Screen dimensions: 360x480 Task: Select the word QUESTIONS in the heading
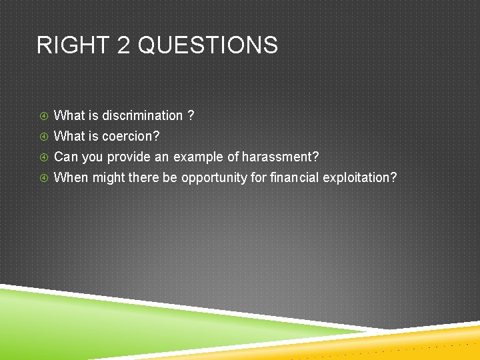208,45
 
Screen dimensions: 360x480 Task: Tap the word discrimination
142,115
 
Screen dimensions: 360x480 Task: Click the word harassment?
280,157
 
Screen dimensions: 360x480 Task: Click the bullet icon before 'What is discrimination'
43,116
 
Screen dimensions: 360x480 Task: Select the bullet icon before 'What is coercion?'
43,137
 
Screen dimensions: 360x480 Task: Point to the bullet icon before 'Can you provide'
43,157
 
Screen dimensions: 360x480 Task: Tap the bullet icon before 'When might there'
43,178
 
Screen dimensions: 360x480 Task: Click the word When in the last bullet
71,177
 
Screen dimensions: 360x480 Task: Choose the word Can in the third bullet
65,157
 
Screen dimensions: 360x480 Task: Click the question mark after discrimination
191,115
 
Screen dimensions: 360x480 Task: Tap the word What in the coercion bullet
69,136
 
